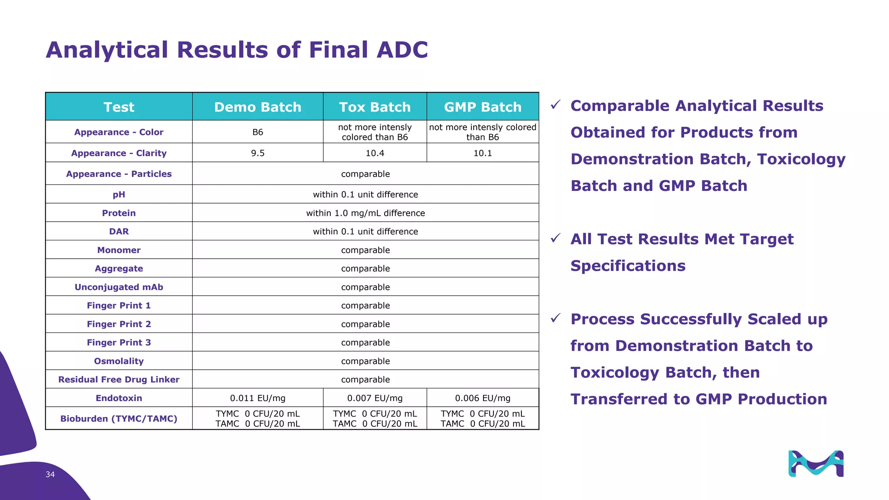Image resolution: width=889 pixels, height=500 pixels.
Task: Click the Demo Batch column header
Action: click(x=257, y=107)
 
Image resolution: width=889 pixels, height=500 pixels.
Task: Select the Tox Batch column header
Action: click(x=375, y=107)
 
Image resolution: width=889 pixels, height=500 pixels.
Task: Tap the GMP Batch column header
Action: click(x=483, y=107)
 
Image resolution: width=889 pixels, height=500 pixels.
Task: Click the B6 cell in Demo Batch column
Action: click(x=257, y=132)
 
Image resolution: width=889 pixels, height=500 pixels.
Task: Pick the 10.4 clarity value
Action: click(x=375, y=153)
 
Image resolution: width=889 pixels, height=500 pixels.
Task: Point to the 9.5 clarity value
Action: click(x=257, y=153)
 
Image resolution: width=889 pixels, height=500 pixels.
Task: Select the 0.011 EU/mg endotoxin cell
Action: click(x=257, y=398)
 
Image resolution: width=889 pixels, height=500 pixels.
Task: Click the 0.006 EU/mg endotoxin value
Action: click(x=483, y=398)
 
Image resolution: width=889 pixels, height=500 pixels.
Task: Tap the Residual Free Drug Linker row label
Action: click(x=119, y=379)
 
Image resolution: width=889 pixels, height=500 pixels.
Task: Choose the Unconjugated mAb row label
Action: click(x=119, y=287)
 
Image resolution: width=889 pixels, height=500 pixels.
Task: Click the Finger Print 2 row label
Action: click(x=119, y=324)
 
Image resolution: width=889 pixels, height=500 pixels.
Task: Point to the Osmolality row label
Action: click(x=119, y=361)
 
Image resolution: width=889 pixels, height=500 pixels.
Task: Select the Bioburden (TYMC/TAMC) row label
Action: click(x=119, y=418)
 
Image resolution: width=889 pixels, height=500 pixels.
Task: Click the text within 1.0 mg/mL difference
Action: click(x=365, y=213)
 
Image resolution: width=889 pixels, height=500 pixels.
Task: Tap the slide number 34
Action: click(x=50, y=474)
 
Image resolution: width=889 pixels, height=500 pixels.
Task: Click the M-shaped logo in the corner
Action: click(x=816, y=464)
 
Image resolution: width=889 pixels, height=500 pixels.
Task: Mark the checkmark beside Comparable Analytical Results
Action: click(x=556, y=105)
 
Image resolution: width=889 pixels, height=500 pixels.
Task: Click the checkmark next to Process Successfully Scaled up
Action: click(x=556, y=318)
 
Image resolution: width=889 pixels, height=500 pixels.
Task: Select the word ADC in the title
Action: click(x=402, y=49)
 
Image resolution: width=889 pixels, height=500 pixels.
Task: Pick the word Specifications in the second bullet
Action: click(x=628, y=266)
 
